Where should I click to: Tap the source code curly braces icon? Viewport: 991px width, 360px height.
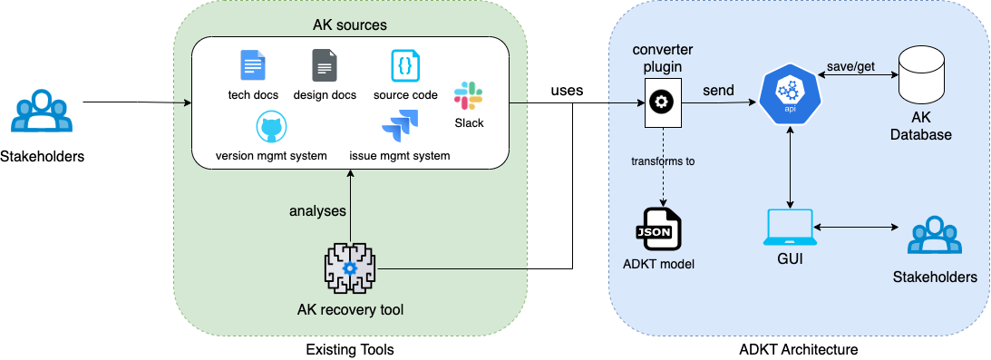click(x=405, y=66)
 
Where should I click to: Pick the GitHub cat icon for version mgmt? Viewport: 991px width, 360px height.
click(x=271, y=129)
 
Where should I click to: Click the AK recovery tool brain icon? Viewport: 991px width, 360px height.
click(x=350, y=268)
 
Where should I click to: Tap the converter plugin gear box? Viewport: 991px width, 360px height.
click(x=663, y=102)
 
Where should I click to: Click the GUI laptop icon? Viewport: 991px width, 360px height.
click(x=791, y=228)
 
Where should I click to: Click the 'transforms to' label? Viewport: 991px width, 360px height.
click(x=664, y=162)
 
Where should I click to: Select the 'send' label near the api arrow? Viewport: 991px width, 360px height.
click(x=719, y=90)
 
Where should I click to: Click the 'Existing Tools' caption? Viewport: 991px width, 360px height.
click(x=350, y=348)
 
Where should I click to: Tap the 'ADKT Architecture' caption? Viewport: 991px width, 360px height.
click(x=798, y=348)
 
